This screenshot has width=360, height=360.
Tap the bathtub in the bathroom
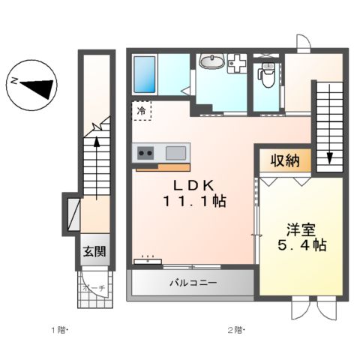[144, 73]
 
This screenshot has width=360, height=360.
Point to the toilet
[265, 73]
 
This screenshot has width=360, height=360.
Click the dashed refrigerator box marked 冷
[142, 111]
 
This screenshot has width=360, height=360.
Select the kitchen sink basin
[177, 153]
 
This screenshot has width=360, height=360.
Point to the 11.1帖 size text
[193, 202]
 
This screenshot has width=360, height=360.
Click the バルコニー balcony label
[192, 284]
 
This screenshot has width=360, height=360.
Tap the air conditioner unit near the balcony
[148, 261]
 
